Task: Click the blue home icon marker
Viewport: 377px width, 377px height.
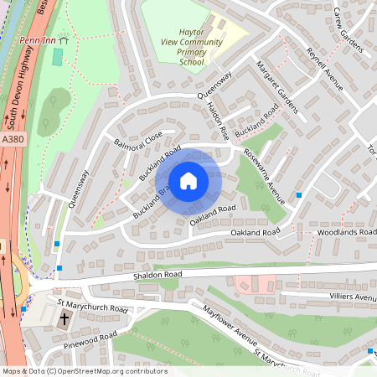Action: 188,181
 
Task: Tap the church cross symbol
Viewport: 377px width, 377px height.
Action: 65,319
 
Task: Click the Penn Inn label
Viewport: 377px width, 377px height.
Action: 39,39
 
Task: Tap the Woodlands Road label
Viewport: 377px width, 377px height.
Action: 346,231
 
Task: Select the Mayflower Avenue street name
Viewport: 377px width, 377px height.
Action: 228,326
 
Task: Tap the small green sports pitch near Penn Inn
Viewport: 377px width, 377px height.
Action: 57,57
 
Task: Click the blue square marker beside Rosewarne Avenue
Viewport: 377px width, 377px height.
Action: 299,194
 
